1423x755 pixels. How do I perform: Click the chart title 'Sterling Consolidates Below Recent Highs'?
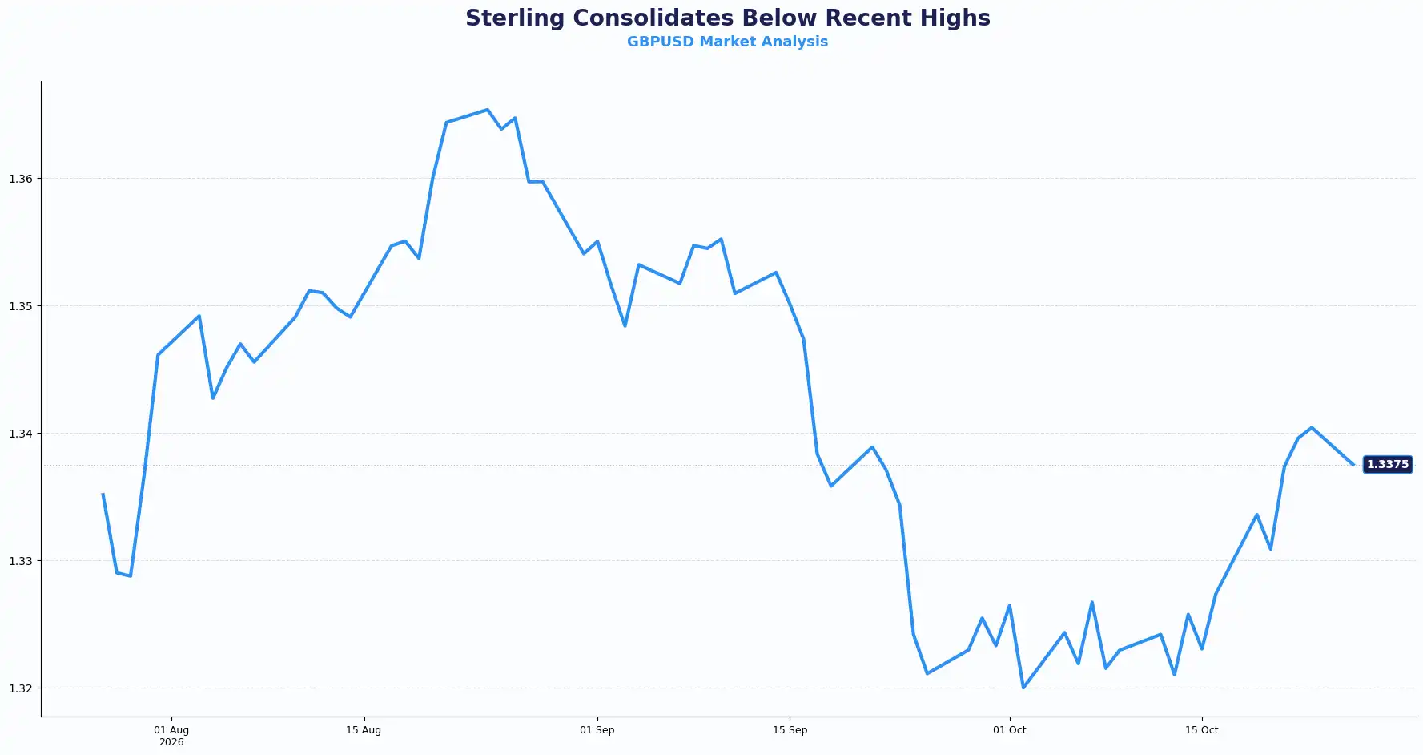point(727,18)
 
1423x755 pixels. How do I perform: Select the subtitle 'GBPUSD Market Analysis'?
point(727,42)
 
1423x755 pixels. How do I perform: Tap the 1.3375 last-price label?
point(1387,465)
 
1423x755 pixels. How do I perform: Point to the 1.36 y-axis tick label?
point(21,179)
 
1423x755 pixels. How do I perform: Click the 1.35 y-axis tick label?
point(21,306)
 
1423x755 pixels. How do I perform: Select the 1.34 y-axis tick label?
point(21,434)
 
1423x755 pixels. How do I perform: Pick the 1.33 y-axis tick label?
point(21,561)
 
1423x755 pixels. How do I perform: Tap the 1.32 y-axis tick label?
point(21,688)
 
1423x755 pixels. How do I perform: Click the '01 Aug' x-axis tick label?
point(171,730)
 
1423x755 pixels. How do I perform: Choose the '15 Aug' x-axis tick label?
point(364,730)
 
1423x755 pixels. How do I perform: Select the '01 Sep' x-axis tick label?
point(597,730)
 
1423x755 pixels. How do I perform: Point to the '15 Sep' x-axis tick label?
point(790,730)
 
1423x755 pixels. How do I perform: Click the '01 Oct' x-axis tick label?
point(1009,730)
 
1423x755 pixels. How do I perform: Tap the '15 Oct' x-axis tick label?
point(1201,730)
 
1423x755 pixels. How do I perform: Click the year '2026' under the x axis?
point(171,742)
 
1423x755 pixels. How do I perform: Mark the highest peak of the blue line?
point(487,110)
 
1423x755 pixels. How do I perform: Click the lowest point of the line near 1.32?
point(1023,688)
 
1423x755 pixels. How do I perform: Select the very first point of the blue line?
point(103,494)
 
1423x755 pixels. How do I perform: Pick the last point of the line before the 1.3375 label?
point(1353,465)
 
